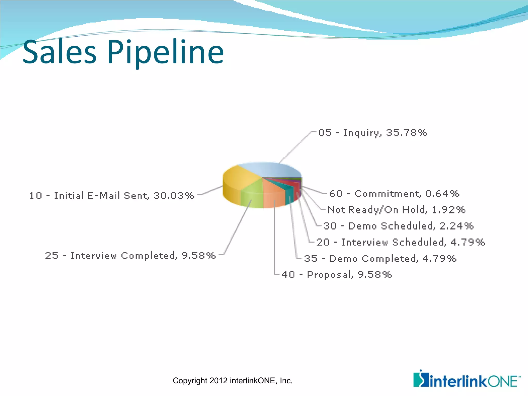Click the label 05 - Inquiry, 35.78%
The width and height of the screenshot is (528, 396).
coord(372,133)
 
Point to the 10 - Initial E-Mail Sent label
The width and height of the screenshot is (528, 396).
coord(112,196)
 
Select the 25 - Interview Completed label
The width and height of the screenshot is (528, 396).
coord(130,255)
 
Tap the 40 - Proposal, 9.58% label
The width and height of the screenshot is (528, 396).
coord(336,275)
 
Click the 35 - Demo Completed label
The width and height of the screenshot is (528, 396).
coord(380,258)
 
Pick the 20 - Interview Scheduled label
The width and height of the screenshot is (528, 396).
coord(400,242)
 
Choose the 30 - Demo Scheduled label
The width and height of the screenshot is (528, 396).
coord(398,226)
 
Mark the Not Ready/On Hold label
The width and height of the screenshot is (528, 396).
coord(396,210)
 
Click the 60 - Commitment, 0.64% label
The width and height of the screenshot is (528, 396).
coord(394,194)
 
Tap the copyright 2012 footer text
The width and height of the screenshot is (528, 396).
coord(233,381)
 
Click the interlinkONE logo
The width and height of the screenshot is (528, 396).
coord(467,379)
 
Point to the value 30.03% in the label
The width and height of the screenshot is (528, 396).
coord(174,196)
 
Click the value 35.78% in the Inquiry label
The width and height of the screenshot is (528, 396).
coord(406,133)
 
